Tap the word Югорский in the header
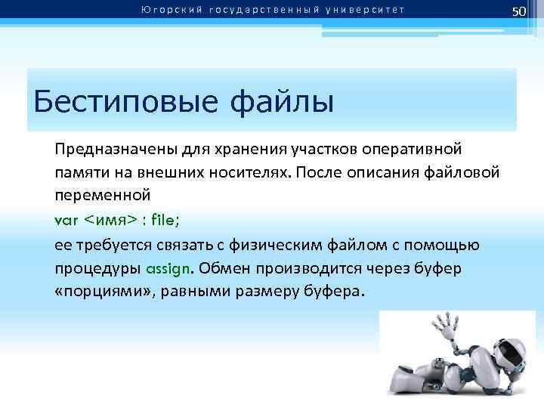(x=167, y=10)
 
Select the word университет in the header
(x=371, y=10)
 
